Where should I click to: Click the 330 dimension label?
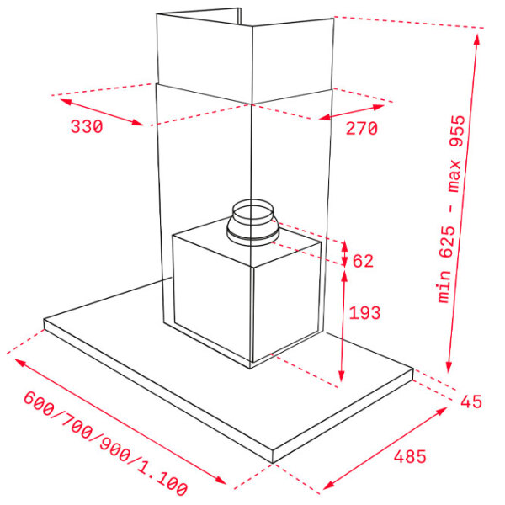[x=87, y=126]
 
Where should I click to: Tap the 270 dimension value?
[x=361, y=128]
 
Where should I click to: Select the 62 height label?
[x=363, y=261]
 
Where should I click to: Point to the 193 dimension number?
[x=364, y=313]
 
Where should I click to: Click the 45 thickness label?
[x=471, y=401]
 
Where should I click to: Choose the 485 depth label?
[x=410, y=456]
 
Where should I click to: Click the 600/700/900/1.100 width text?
[x=105, y=444]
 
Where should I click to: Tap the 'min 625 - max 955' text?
[x=452, y=209]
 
